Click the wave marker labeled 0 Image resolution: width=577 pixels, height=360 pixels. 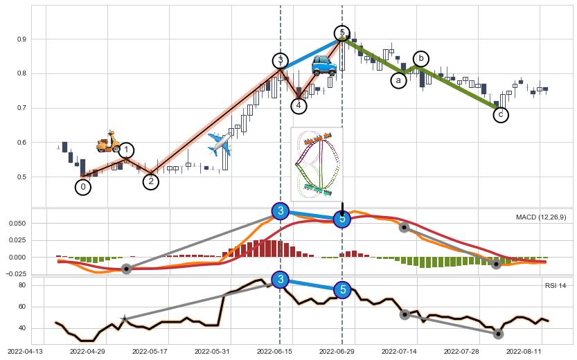pyautogui.click(x=83, y=187)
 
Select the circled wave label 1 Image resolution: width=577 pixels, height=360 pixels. pyautogui.click(x=126, y=150)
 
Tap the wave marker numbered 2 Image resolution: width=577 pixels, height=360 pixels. pyautogui.click(x=151, y=181)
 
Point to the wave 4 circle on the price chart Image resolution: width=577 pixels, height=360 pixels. pyautogui.click(x=298, y=105)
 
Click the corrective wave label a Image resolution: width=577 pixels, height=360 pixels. pyautogui.click(x=398, y=80)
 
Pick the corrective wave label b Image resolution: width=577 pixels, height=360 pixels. pyautogui.click(x=420, y=59)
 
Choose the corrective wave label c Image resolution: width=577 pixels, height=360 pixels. pyautogui.click(x=501, y=114)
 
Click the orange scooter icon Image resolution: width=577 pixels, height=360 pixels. pyautogui.click(x=108, y=142)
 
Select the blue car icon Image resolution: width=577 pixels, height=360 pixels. pyautogui.click(x=323, y=66)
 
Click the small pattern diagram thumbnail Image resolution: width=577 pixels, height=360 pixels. pyautogui.click(x=317, y=163)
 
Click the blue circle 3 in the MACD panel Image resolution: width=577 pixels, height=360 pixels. pyautogui.click(x=280, y=210)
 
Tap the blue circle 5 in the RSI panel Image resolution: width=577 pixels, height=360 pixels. pyautogui.click(x=342, y=290)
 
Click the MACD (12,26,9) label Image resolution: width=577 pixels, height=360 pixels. pyautogui.click(x=541, y=217)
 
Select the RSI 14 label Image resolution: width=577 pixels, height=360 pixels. pyautogui.click(x=556, y=285)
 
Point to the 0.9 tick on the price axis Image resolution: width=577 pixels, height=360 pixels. pyautogui.click(x=22, y=39)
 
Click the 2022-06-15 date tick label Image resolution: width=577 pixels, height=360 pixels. pyautogui.click(x=274, y=352)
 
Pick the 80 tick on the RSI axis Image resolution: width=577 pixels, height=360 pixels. pyautogui.click(x=21, y=285)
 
